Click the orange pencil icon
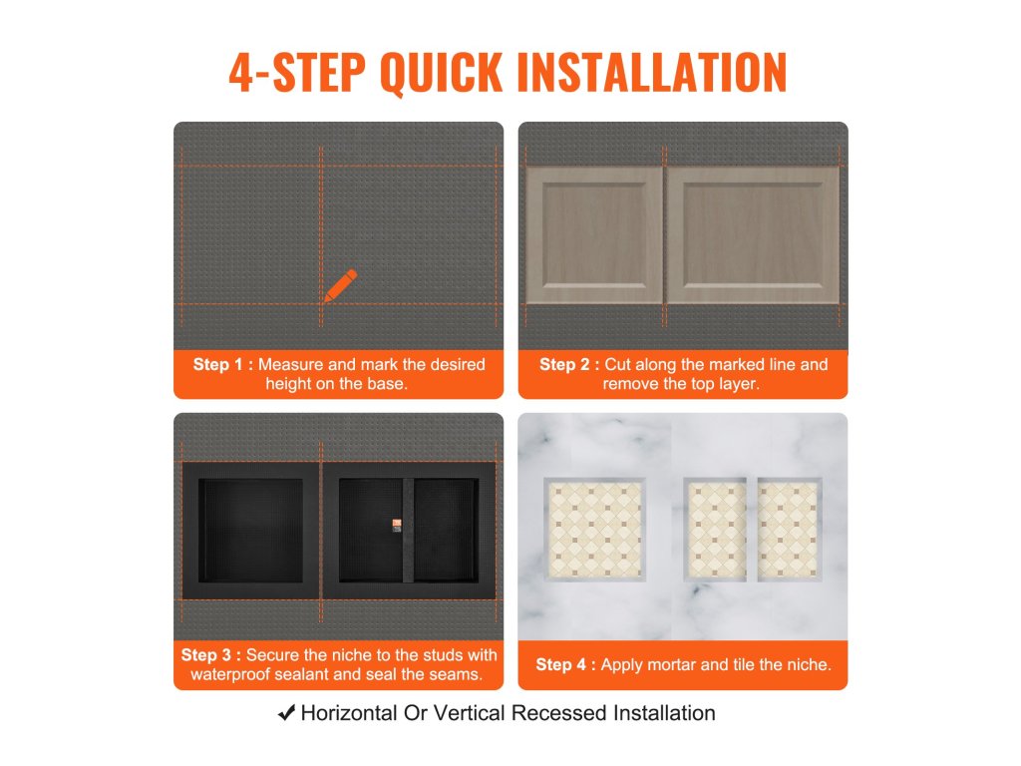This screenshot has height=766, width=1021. [341, 286]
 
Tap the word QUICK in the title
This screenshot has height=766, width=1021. [441, 72]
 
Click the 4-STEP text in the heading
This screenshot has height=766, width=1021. [297, 72]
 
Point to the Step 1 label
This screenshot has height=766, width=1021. [222, 364]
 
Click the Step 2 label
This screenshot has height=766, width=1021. [569, 364]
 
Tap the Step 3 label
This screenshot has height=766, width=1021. [211, 654]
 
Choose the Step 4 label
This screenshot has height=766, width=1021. [565, 664]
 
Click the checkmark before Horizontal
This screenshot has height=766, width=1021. [286, 712]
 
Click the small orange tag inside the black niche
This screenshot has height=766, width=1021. [397, 525]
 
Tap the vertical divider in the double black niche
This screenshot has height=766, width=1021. [408, 531]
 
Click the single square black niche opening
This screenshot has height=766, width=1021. [250, 531]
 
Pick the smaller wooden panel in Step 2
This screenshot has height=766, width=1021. [594, 234]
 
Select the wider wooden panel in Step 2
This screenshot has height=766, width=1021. [753, 234]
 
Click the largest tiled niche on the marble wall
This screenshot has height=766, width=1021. [594, 529]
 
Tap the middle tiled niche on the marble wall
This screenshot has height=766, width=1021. [715, 529]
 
